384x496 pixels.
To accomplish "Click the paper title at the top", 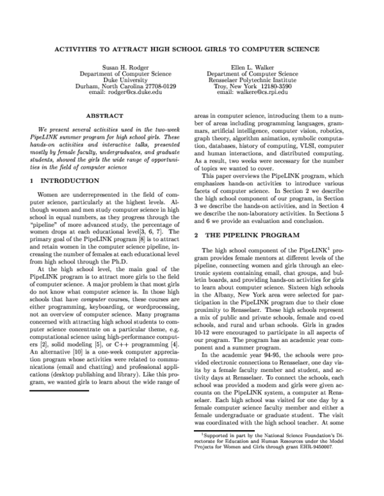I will coord(191,49).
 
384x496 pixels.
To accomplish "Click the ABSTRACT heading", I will coord(105,116).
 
